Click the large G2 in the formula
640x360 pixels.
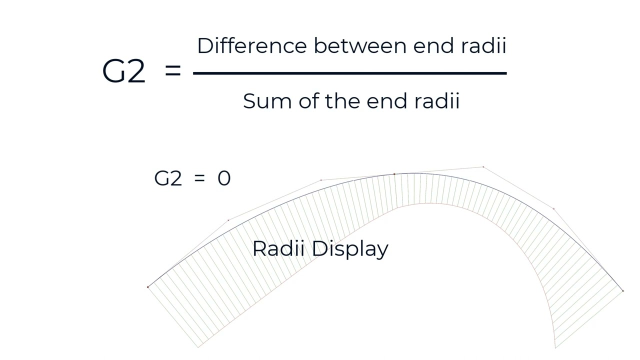point(123,71)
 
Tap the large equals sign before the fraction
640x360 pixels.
point(173,71)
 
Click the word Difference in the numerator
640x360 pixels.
point(252,45)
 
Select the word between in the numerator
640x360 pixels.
point(360,45)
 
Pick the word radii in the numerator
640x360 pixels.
point(484,45)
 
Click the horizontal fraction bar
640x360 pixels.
point(350,73)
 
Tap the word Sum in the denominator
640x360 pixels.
point(267,101)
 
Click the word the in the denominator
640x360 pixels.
point(342,101)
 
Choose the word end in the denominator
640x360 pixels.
point(387,101)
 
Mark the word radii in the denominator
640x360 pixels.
point(437,101)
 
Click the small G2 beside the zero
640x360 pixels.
point(168,178)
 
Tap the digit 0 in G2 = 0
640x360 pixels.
point(224,178)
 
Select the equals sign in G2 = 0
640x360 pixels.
point(199,178)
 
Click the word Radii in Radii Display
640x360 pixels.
point(278,248)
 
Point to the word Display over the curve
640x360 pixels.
point(350,249)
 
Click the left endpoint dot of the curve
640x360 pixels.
point(148,287)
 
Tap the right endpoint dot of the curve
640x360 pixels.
point(623,291)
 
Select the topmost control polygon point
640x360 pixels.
point(483,167)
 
